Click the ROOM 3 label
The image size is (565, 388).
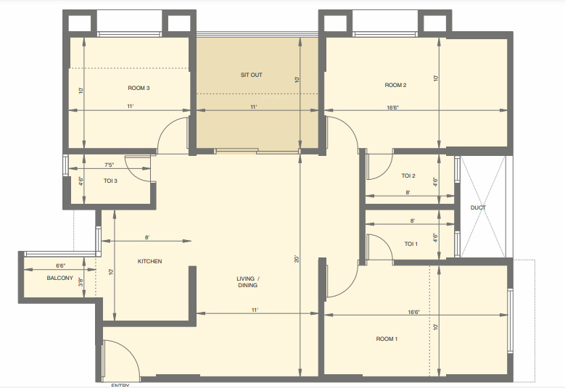pos(139,88)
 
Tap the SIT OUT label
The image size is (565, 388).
pos(252,75)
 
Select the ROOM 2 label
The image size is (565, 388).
pos(395,86)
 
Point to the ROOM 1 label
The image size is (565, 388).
pos(387,339)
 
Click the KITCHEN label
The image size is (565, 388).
pos(149,261)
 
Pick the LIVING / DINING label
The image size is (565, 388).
pos(247,282)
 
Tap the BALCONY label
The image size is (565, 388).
pos(59,278)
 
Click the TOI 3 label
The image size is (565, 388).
pos(110,181)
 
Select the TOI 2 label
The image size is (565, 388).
pos(408,176)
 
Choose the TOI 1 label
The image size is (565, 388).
pos(411,244)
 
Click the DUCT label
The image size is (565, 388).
pos(478,208)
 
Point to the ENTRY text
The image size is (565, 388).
pos(120,385)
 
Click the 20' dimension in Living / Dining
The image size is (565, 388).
pos(297,258)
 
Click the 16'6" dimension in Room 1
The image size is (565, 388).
pos(414,312)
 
